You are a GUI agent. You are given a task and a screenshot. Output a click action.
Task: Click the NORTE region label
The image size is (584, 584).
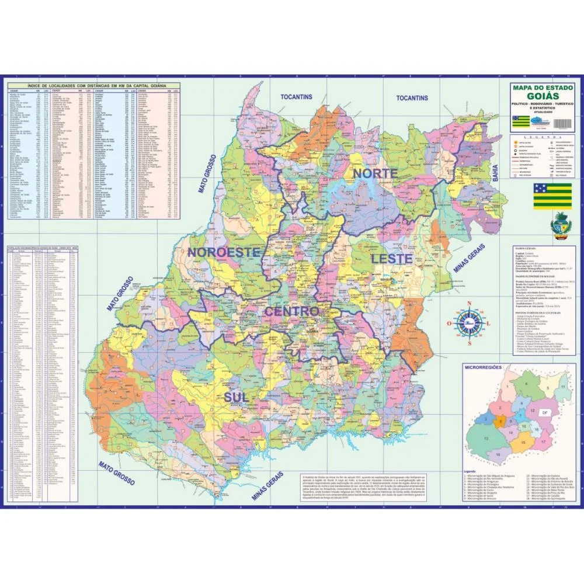(374, 173)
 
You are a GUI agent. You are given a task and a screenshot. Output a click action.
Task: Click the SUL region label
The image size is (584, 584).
(236, 397)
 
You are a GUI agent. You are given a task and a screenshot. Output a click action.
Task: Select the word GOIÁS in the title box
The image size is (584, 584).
(543, 96)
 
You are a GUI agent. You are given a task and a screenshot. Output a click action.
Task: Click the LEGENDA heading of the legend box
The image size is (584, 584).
(543, 135)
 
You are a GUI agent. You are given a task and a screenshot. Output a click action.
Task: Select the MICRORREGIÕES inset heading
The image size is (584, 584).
(482, 369)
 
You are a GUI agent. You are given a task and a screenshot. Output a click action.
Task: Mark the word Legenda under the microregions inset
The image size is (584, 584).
(471, 471)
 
